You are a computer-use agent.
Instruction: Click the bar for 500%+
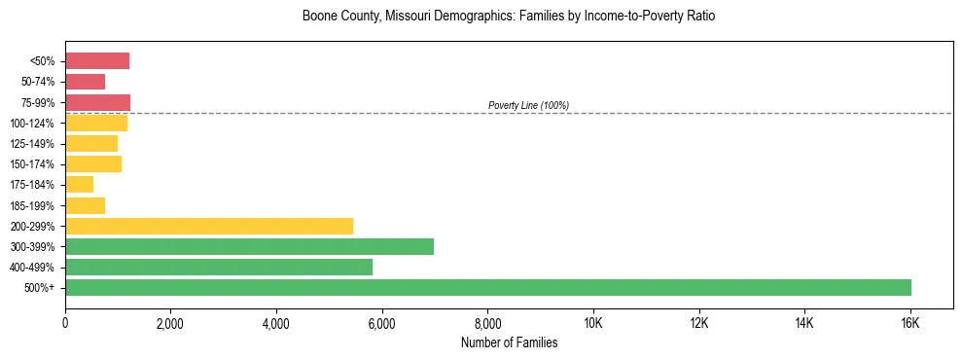(x=488, y=287)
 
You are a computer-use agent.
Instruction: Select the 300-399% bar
(x=249, y=246)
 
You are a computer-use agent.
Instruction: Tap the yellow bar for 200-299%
(x=209, y=226)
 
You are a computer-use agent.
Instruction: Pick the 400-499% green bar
(x=219, y=267)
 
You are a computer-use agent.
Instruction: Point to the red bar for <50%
(x=97, y=61)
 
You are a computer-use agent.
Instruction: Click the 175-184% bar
(x=80, y=185)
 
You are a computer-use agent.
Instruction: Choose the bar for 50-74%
(x=86, y=82)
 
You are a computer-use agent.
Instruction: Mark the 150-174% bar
(x=93, y=164)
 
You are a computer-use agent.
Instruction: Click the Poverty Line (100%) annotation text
(x=528, y=105)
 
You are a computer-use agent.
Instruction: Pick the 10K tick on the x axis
(x=593, y=323)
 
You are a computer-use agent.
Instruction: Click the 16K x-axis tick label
(x=910, y=323)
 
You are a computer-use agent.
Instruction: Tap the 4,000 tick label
(x=276, y=323)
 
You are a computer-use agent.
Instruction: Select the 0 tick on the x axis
(x=65, y=323)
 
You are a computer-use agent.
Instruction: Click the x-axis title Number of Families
(x=509, y=342)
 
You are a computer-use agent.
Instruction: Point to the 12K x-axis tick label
(x=699, y=323)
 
